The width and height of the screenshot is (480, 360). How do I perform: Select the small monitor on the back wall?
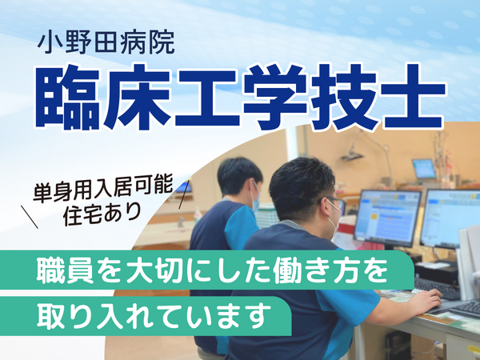pos(423,168)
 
